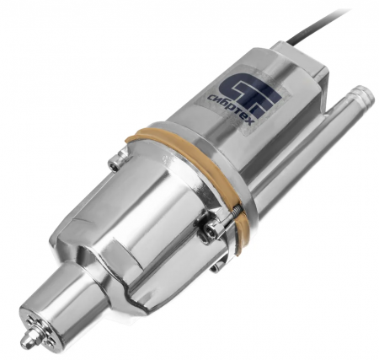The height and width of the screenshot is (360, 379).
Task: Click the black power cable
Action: [x=315, y=27]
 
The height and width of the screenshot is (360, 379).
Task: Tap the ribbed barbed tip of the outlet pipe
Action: [x=362, y=94]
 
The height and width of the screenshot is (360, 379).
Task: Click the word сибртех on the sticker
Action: [x=231, y=109]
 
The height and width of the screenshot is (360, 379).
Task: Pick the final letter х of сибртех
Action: [x=251, y=121]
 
